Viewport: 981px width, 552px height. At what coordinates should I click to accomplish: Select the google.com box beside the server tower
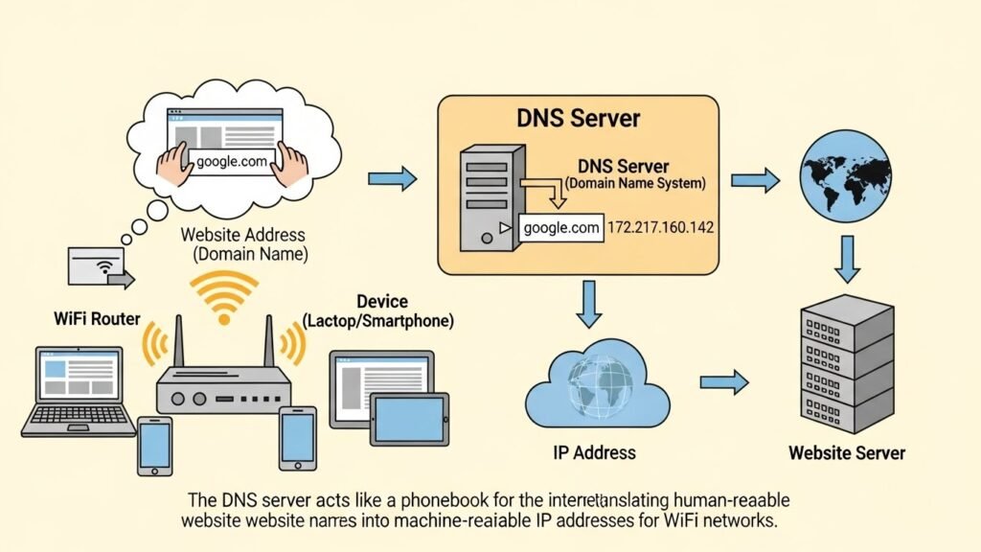[561, 228]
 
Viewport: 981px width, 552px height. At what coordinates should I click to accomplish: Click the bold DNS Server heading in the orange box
[578, 120]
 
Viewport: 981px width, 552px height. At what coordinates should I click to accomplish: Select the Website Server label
[846, 452]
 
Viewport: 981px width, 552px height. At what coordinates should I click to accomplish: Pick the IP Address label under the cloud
[594, 451]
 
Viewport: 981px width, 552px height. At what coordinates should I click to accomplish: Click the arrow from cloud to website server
[723, 382]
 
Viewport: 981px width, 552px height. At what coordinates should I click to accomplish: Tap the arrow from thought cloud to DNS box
[393, 177]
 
